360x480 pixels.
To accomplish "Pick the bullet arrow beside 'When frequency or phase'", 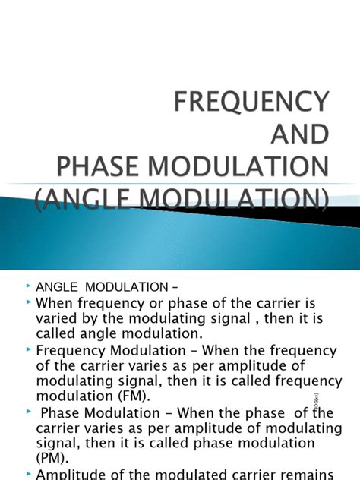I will [29, 305].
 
